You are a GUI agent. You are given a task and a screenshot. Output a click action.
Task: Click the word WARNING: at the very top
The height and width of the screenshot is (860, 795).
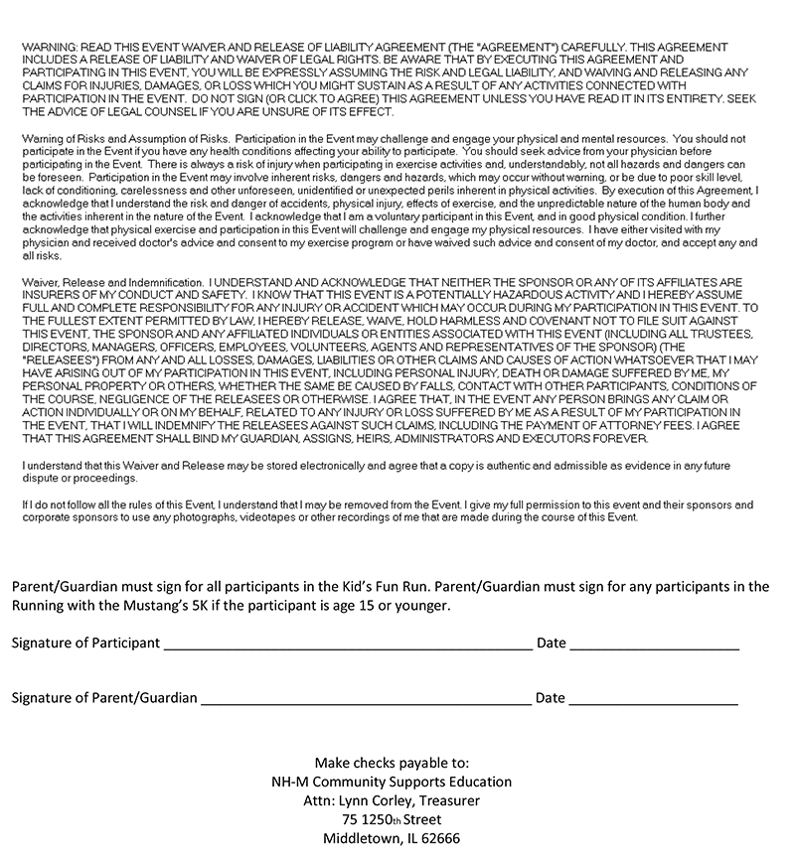[47, 47]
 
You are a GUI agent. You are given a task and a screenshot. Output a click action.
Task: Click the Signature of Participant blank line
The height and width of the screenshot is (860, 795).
[347, 645]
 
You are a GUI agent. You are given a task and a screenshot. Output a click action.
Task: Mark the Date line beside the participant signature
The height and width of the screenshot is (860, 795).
[654, 645]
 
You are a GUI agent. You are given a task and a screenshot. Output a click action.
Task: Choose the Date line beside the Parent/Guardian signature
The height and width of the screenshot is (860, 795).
[653, 701]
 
